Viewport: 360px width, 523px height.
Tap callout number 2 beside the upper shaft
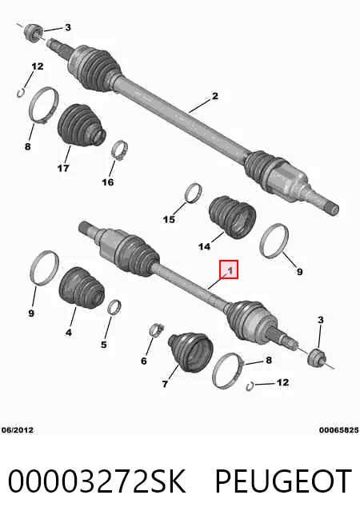click(x=215, y=96)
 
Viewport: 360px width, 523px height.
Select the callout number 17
click(x=63, y=168)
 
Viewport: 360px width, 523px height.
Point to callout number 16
click(x=108, y=182)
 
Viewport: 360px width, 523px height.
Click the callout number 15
click(x=169, y=219)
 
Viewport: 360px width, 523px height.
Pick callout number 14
click(x=204, y=246)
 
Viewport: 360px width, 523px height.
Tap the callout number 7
click(x=165, y=384)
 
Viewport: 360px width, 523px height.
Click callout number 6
click(x=144, y=361)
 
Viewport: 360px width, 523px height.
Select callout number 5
click(x=104, y=344)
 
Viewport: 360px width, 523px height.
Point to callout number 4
click(x=68, y=332)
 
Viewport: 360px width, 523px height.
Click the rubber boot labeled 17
click(x=81, y=126)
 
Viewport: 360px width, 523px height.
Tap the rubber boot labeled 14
click(x=232, y=218)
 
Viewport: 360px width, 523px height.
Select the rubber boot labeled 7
click(x=190, y=353)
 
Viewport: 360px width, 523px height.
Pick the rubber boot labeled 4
click(x=82, y=288)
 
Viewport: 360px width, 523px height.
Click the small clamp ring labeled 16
click(x=120, y=150)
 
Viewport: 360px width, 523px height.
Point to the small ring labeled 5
click(x=114, y=306)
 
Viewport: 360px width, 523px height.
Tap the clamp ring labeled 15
click(x=194, y=193)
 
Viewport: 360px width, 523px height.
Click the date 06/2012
click(x=18, y=430)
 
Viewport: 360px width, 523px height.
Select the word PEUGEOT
click(x=283, y=481)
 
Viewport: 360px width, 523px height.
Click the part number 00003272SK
click(x=97, y=481)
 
